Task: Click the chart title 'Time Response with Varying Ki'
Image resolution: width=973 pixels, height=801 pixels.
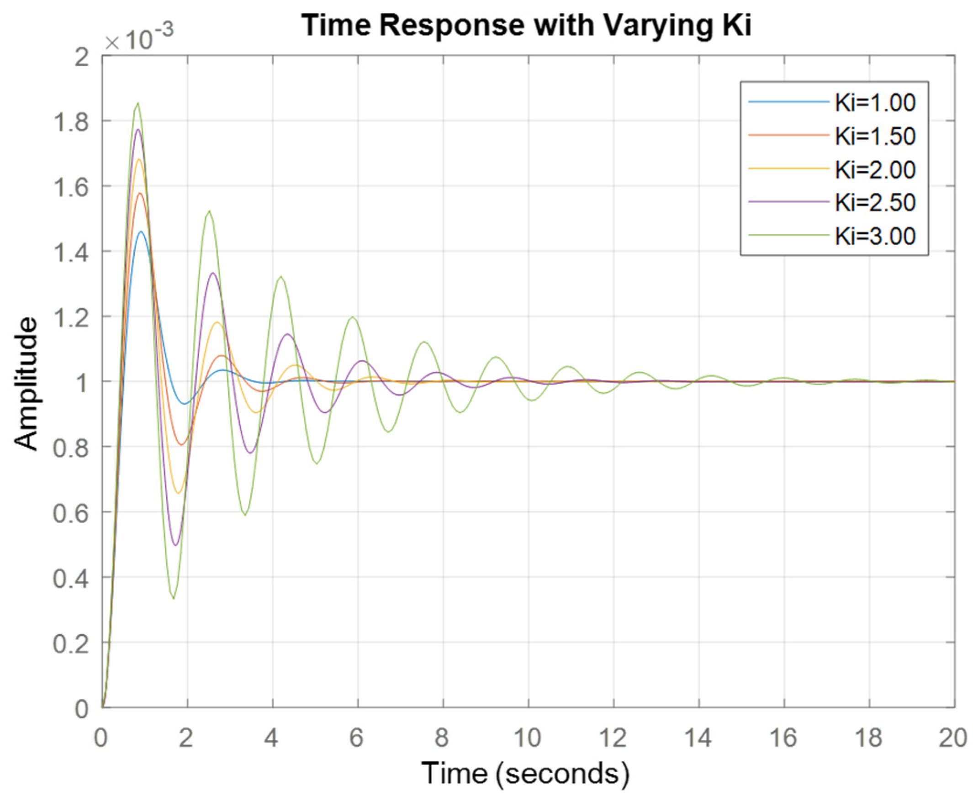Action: click(x=527, y=26)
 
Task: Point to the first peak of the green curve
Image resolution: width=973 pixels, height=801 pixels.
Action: click(x=137, y=103)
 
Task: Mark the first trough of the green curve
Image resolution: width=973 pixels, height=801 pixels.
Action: click(x=174, y=598)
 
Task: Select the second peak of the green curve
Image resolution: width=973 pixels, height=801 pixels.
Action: click(x=210, y=211)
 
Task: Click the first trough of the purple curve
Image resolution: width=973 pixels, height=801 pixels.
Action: click(x=175, y=545)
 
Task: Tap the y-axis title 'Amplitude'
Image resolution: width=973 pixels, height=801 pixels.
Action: click(x=26, y=383)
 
